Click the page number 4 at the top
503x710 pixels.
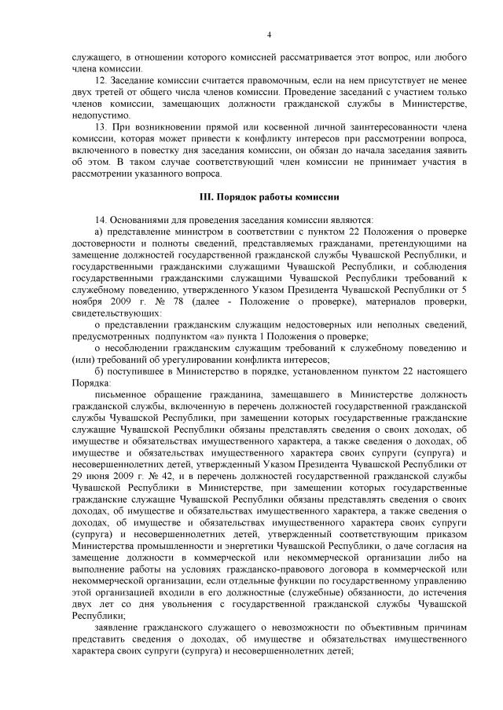point(269,35)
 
